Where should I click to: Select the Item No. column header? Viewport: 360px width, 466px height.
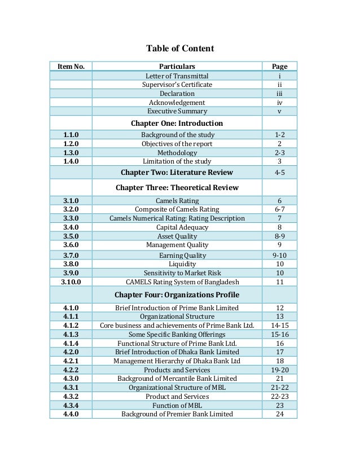coord(71,67)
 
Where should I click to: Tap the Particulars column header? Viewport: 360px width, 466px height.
coord(177,67)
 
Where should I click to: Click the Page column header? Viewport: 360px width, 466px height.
coord(279,67)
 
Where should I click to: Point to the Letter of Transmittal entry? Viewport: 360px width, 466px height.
coord(177,76)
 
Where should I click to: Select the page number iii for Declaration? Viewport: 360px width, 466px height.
coord(279,93)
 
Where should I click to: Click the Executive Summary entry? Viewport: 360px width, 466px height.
coord(177,111)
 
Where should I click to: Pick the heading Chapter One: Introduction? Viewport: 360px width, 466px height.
coord(177,123)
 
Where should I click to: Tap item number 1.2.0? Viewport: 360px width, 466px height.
coord(71,144)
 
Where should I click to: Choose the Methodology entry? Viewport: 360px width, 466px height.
coord(177,153)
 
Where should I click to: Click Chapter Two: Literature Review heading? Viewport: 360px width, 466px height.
coord(177,173)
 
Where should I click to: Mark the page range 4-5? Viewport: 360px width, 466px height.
coord(279,173)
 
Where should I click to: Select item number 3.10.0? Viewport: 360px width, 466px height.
coord(71,282)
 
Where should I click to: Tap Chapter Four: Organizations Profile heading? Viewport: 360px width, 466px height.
coord(177,294)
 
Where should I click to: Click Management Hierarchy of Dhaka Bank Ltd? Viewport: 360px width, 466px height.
coord(177,361)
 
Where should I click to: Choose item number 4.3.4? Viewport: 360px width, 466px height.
coord(71,405)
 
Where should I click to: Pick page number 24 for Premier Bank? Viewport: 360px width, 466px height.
coord(279,414)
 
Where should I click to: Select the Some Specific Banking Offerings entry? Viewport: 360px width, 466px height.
coord(177,335)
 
